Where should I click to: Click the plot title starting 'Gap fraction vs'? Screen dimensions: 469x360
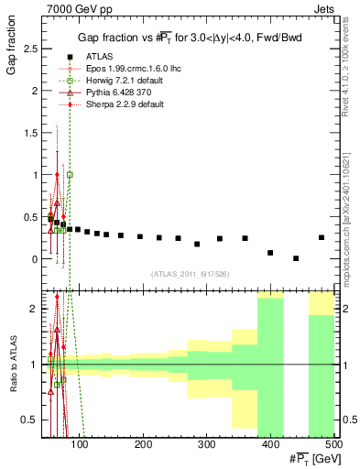191,36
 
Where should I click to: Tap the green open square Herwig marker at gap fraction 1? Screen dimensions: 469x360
70,174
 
